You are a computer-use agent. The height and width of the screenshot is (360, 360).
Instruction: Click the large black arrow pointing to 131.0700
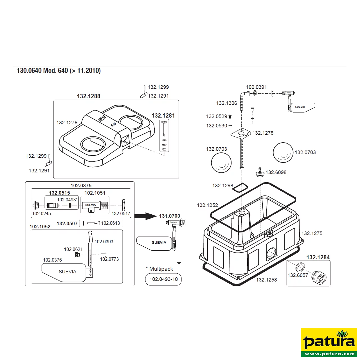145,216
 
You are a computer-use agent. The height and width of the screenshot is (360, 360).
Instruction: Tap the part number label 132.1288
89,96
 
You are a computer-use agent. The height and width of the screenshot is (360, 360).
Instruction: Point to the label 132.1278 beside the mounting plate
263,133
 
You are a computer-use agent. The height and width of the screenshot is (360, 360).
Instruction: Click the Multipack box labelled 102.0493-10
163,279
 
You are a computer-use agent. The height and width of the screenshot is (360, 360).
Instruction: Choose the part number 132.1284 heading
318,257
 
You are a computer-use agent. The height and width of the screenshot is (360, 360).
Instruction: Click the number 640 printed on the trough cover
113,125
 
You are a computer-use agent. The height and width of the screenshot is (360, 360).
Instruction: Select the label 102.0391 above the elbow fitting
256,87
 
